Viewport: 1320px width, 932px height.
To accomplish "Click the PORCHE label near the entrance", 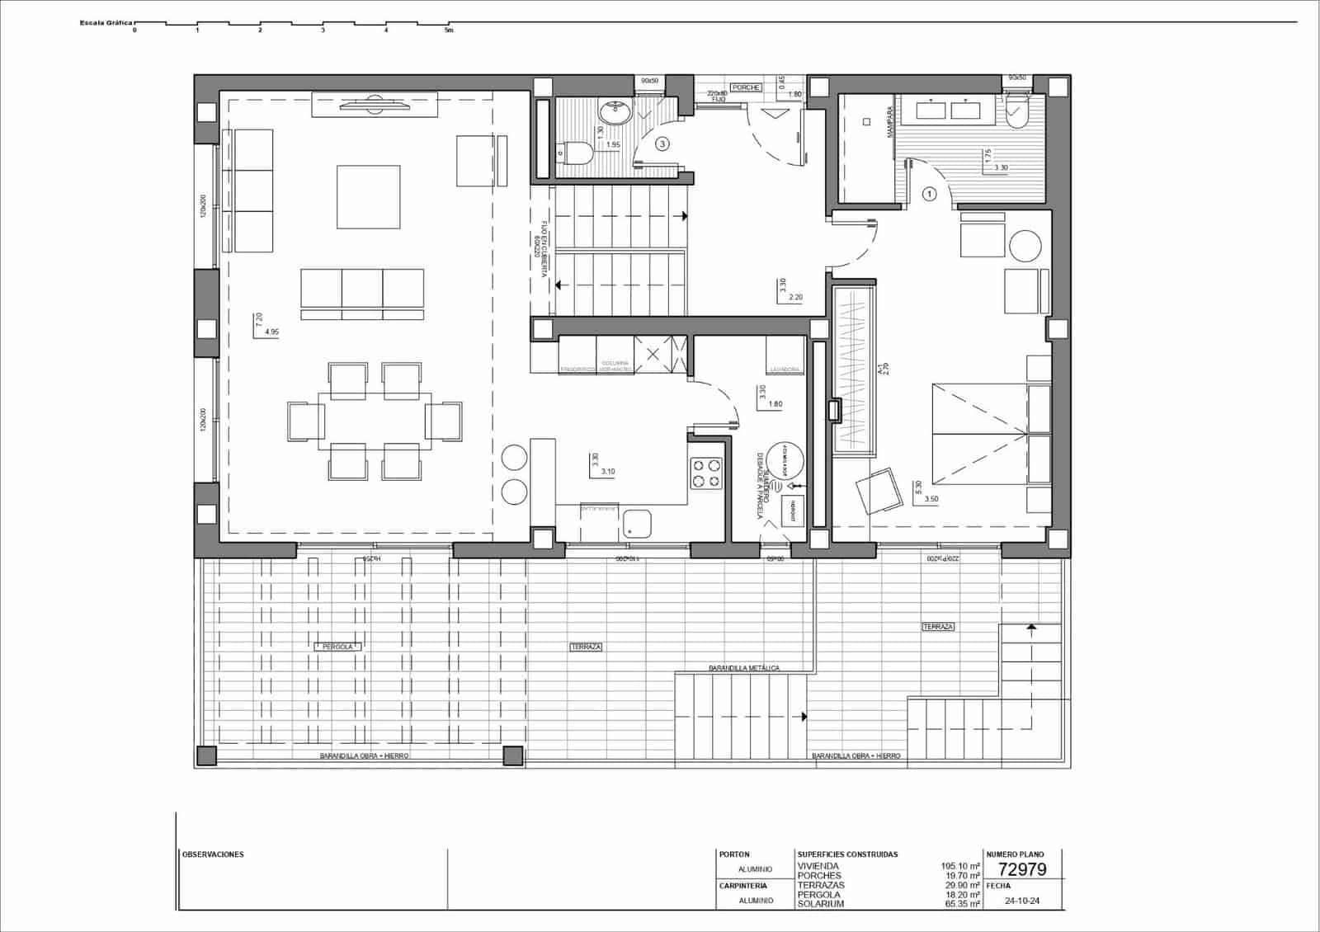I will coord(746,87).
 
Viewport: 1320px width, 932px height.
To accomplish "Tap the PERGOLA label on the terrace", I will coord(337,647).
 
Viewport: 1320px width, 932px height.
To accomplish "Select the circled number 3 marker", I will coord(662,144).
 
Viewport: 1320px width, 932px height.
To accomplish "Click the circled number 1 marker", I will coord(930,195).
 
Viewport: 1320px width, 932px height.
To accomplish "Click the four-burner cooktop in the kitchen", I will coord(706,473).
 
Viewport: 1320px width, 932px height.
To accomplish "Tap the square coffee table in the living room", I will coord(368,197).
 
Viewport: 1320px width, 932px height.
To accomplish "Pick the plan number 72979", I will coord(1022,869).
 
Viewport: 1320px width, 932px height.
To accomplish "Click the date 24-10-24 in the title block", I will coord(1022,901).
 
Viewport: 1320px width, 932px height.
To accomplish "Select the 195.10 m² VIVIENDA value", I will coord(960,866).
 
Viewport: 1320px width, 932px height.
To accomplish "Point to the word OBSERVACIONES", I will coord(213,854).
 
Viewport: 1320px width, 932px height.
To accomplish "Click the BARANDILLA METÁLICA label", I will coord(743,668).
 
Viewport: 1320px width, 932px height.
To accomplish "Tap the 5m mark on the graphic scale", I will coord(449,31).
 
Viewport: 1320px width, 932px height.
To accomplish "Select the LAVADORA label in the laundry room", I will coord(785,370).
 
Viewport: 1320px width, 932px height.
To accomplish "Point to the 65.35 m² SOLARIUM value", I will coord(960,904).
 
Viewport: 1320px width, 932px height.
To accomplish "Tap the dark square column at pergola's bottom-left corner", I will coord(205,755).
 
